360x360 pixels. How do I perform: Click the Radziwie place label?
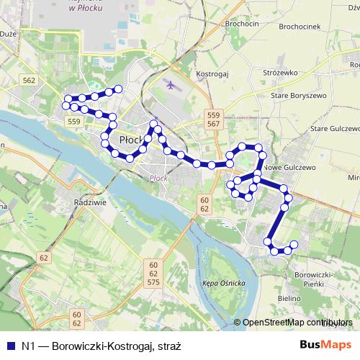[x=90, y=203]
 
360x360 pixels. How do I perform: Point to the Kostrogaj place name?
[x=213, y=73]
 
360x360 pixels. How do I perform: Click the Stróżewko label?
[x=281, y=73]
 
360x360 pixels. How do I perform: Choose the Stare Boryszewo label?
[x=299, y=95]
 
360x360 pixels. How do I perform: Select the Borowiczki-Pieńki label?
[x=318, y=279]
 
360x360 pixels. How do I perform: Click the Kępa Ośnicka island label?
[x=224, y=282]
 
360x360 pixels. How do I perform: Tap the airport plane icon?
[x=171, y=85]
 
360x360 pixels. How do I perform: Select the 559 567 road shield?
[x=212, y=120]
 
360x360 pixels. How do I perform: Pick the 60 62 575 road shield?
[x=153, y=274]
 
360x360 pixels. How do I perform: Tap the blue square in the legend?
[x=9, y=346]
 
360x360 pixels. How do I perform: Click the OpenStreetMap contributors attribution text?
[x=297, y=323]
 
